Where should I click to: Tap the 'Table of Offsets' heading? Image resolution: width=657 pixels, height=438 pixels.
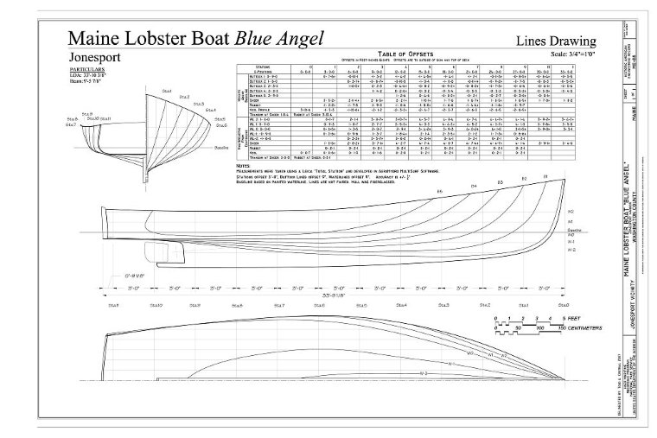[383, 54]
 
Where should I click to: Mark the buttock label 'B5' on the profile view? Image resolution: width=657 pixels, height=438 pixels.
[439, 190]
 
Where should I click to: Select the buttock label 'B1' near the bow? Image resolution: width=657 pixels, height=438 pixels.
[545, 177]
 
